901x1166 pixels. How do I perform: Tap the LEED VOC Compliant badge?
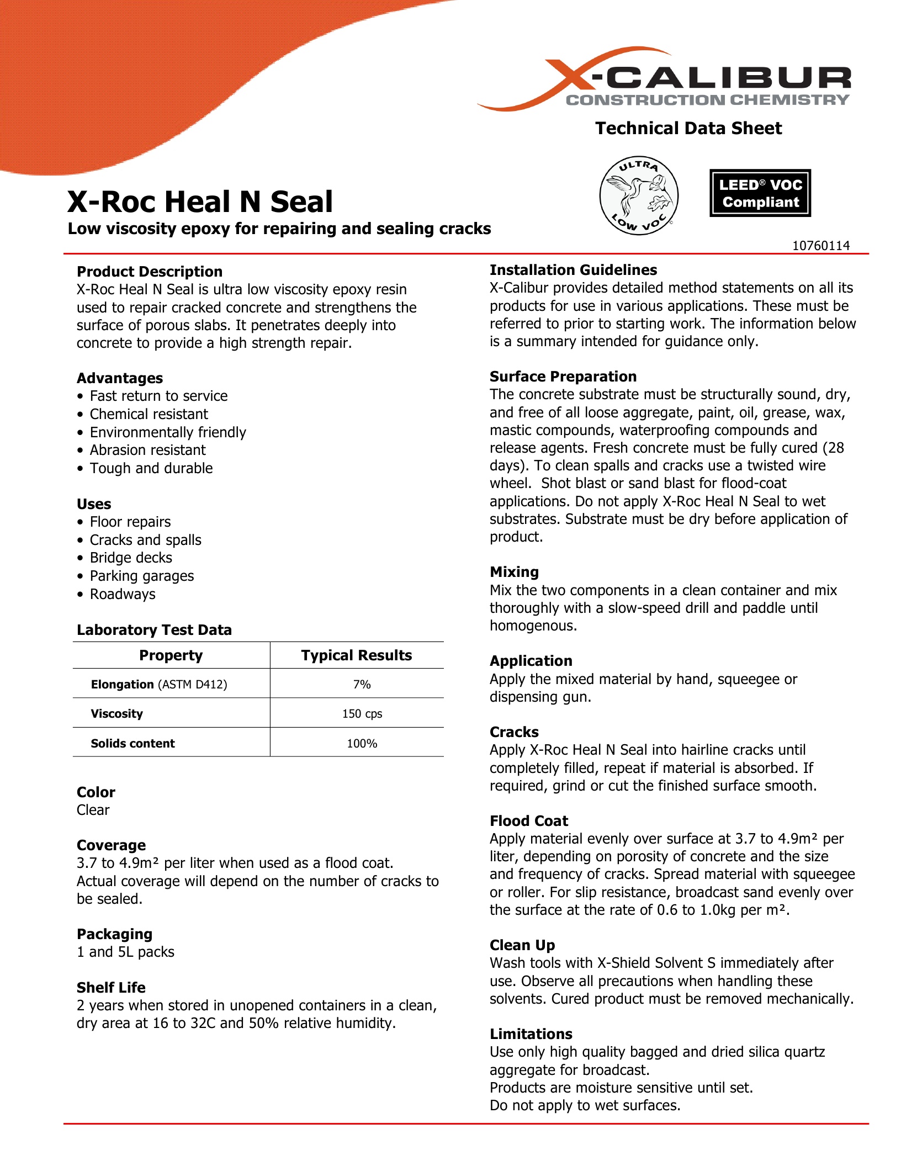click(760, 193)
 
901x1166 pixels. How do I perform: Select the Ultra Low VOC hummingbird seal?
click(639, 195)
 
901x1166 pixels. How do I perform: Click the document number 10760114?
click(821, 246)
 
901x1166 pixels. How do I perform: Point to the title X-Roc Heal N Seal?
click(200, 202)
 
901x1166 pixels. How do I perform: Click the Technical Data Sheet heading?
click(688, 128)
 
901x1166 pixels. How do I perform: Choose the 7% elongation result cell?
click(362, 685)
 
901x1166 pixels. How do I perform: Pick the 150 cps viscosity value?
click(362, 714)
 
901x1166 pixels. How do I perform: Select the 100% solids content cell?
click(362, 744)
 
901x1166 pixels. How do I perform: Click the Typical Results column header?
click(357, 655)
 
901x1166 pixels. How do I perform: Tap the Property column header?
click(171, 655)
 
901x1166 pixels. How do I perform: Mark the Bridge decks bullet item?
click(131, 558)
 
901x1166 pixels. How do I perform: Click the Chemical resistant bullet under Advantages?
click(149, 414)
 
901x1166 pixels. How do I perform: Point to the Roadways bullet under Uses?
click(123, 594)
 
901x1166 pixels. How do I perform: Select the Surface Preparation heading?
click(563, 377)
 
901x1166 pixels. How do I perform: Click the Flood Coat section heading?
click(529, 821)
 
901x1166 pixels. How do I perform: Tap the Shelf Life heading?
click(111, 988)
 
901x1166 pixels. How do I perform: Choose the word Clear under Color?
click(93, 810)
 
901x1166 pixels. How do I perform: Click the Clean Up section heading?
click(522, 945)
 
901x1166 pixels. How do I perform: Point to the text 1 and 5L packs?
click(125, 952)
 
